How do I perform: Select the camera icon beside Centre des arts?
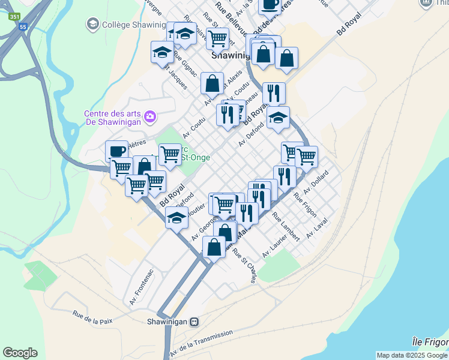coord(150,115)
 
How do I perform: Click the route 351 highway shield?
coord(14,17)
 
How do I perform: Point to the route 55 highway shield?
coord(23,27)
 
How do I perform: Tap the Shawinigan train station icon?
coord(194,322)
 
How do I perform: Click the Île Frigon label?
coord(430,341)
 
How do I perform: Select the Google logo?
coord(20,353)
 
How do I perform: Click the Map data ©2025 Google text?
coord(412,355)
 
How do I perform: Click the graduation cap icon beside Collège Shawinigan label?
coord(92,24)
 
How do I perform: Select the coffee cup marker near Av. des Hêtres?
coord(116,151)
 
